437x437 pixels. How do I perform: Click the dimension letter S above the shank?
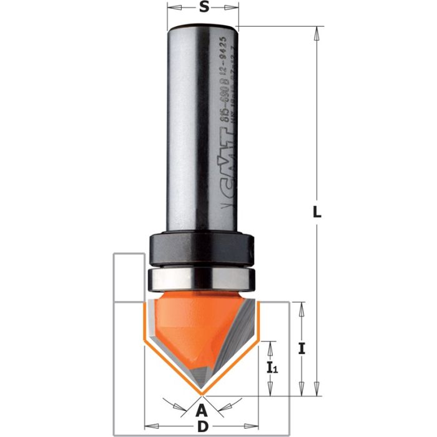[203, 8]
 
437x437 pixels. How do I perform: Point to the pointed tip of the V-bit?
[201, 394]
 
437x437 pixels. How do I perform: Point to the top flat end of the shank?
[203, 26]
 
